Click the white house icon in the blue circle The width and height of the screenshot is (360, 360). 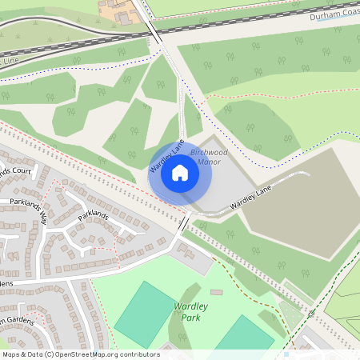click(x=180, y=172)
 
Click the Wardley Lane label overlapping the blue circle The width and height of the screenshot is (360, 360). click(x=167, y=155)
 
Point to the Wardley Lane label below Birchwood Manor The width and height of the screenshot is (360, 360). click(x=250, y=197)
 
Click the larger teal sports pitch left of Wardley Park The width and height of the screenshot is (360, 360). click(x=145, y=314)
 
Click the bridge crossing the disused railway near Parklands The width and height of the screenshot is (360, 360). click(x=183, y=225)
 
